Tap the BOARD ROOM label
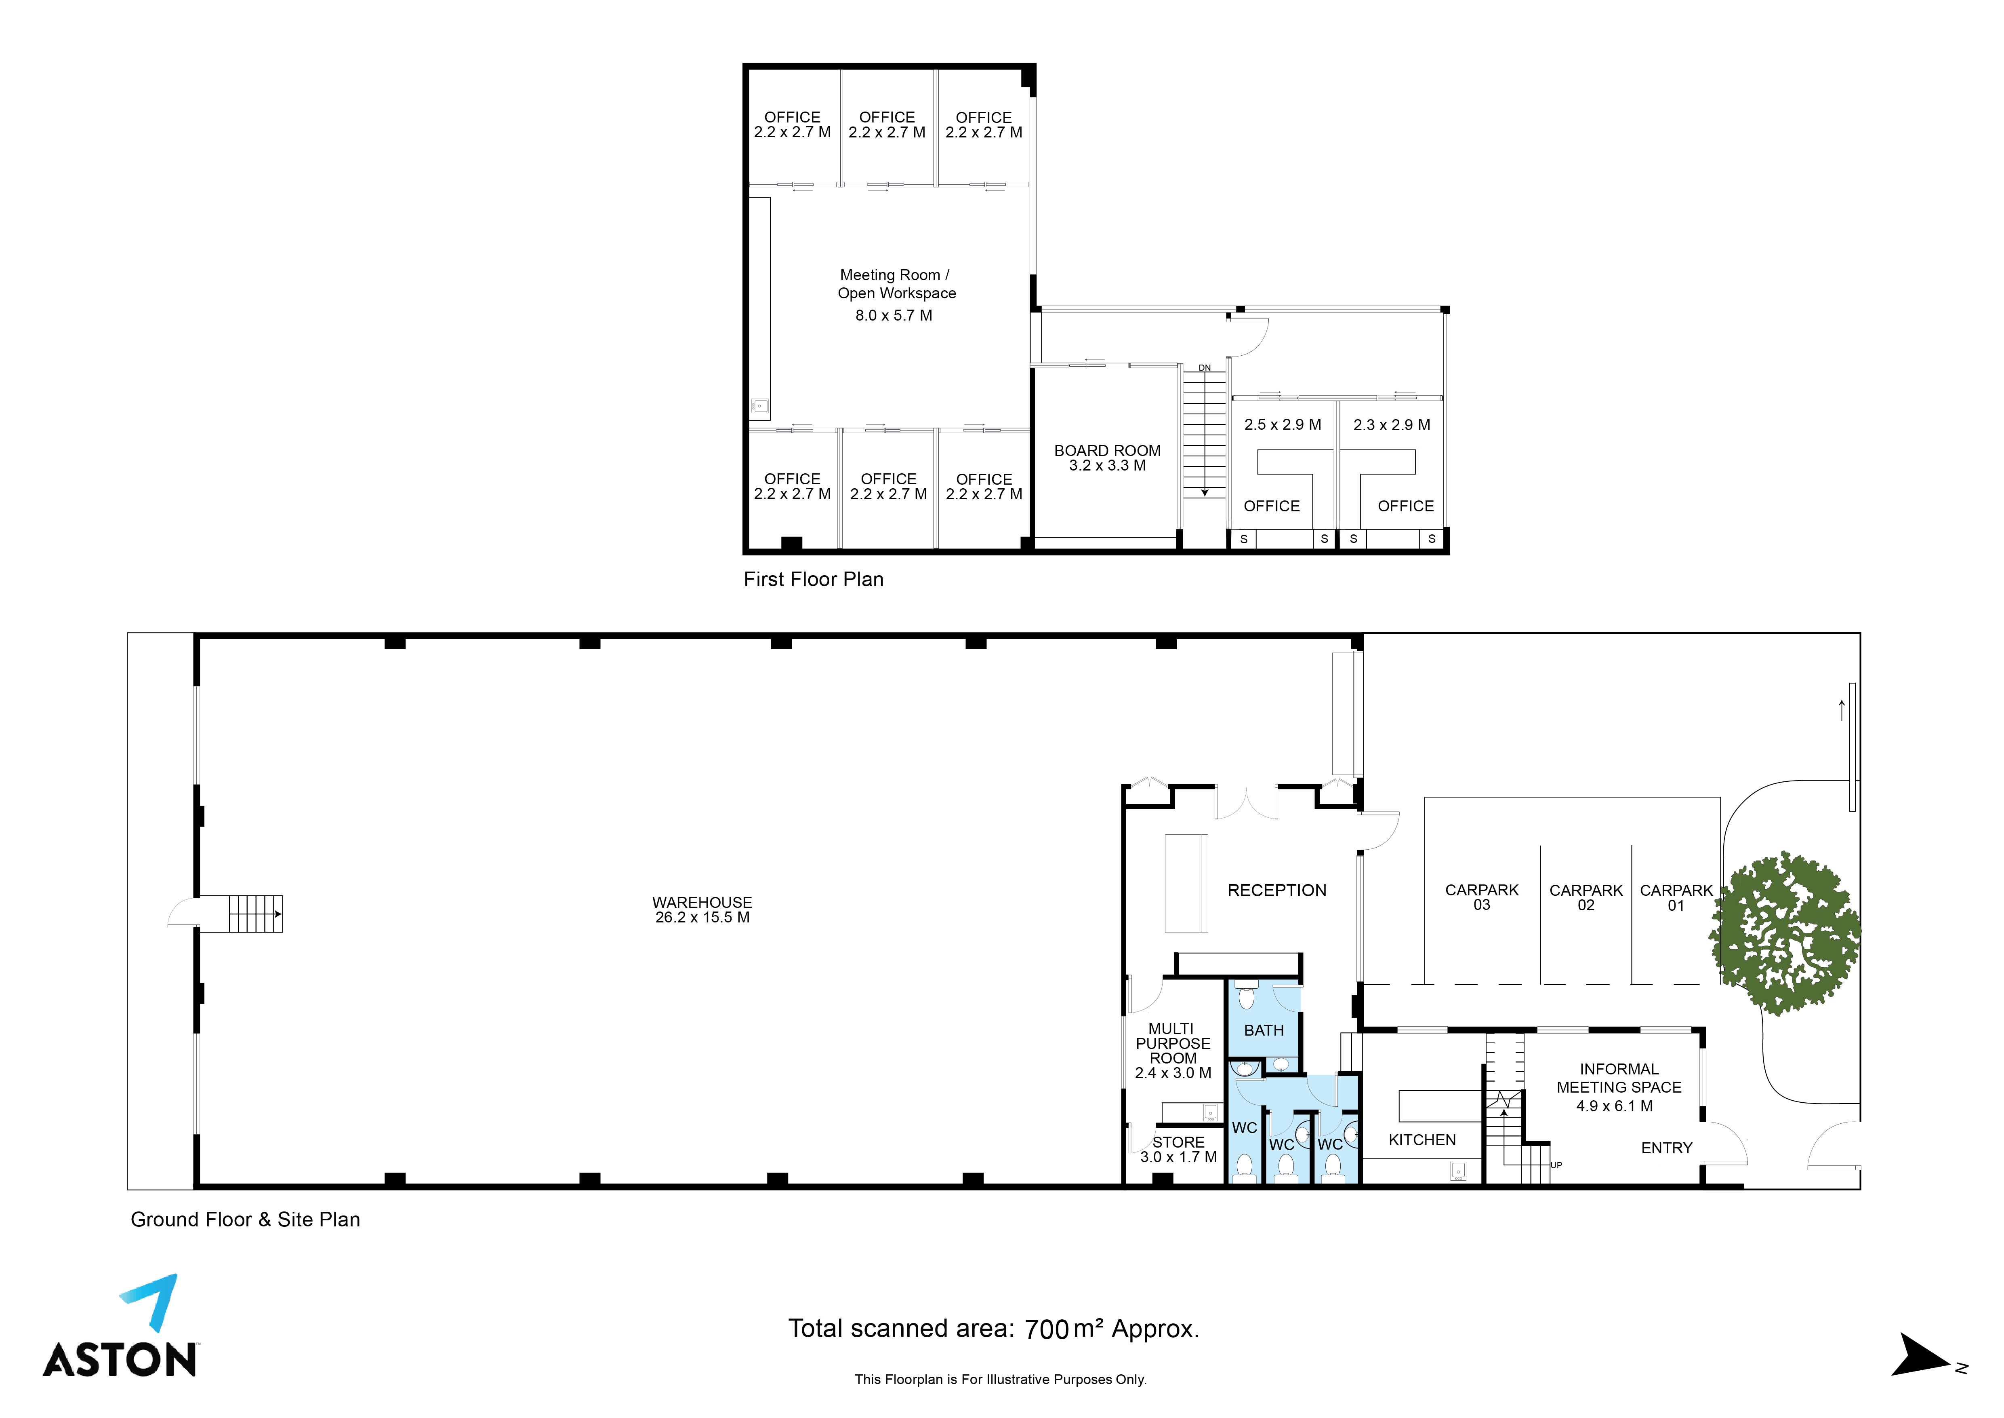1108,451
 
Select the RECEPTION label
1277,890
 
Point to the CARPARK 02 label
1586,898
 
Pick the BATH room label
1264,1031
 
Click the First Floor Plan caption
814,580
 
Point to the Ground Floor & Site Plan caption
245,1220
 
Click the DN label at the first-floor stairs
1205,367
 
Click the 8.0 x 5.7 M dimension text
894,315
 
